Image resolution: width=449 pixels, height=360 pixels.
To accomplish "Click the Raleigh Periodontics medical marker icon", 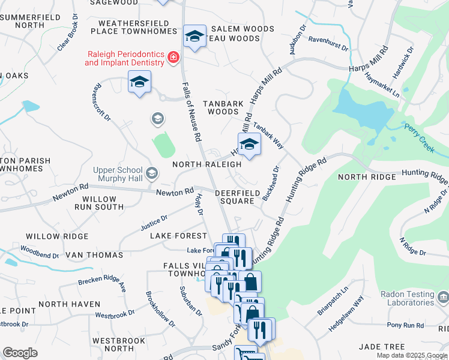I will [x=173, y=58].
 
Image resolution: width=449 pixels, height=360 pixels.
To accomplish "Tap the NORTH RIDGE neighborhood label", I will [x=367, y=177].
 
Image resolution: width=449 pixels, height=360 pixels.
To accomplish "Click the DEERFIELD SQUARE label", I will [x=234, y=197].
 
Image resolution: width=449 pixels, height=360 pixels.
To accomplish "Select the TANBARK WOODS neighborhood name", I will [x=223, y=107].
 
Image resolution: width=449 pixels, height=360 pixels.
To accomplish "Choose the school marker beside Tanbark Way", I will [x=249, y=144].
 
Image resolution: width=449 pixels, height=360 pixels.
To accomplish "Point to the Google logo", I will [x=20, y=353].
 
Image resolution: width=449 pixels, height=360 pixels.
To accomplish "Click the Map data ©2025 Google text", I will [x=411, y=356].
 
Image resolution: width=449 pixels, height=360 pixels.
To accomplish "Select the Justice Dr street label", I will [x=154, y=224].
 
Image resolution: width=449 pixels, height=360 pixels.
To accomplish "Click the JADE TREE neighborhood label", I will [x=382, y=347].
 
